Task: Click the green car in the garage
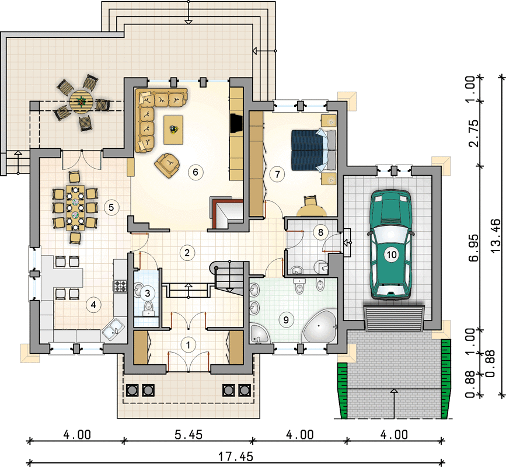tap(390, 245)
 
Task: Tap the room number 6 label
tap(196, 172)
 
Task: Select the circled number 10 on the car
tap(391, 255)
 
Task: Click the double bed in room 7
tap(313, 150)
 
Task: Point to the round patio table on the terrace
tap(81, 102)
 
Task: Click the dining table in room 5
tap(75, 208)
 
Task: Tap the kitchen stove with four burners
tap(120, 286)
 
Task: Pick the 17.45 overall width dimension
tap(236, 456)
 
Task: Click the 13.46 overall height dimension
tap(496, 236)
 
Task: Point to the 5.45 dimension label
tap(189, 435)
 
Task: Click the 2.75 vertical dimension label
tap(474, 134)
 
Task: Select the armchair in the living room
tap(167, 165)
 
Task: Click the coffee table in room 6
tap(173, 130)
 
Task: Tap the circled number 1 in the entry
tap(188, 345)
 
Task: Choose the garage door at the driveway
tap(394, 319)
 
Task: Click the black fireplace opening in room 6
tap(236, 123)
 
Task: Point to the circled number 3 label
tap(148, 294)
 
